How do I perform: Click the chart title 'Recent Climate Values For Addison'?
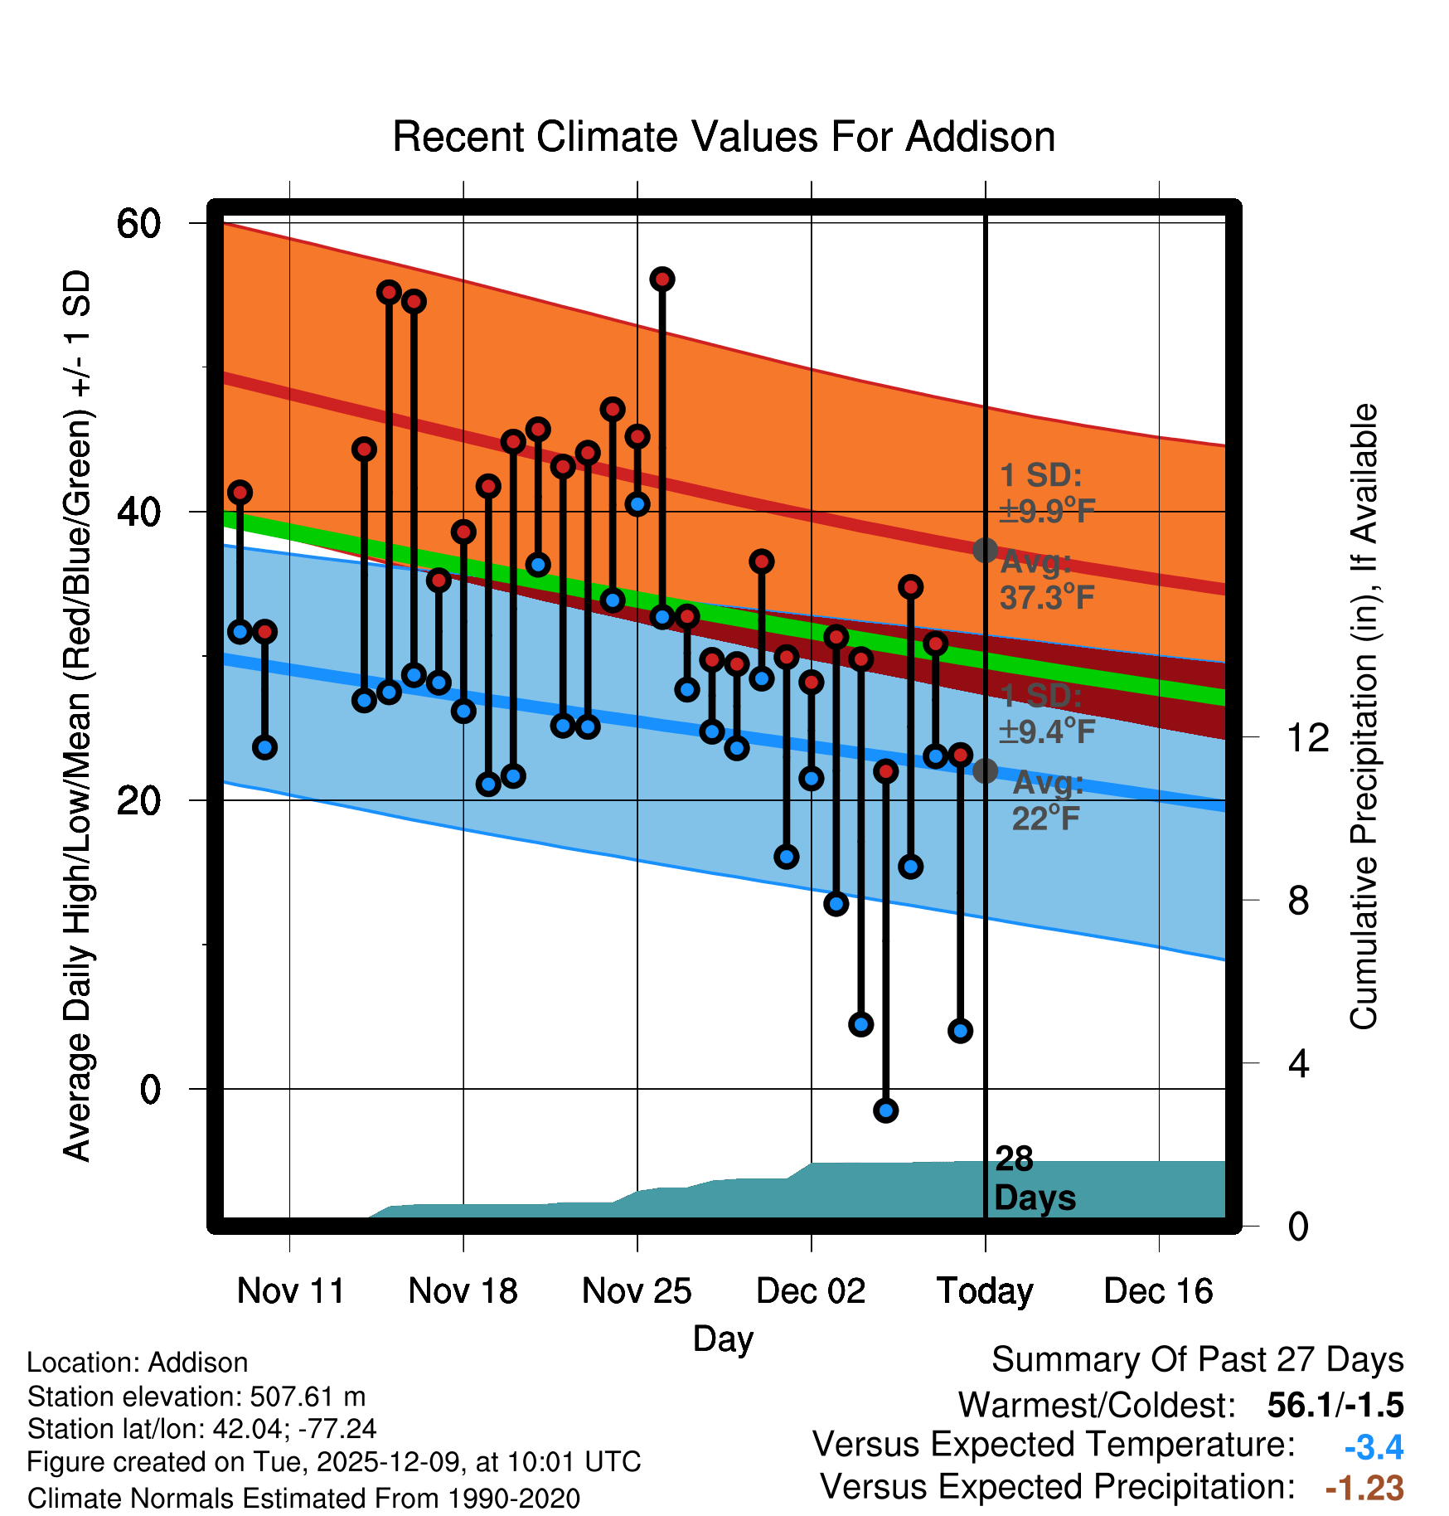(724, 138)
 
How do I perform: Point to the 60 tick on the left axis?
(138, 223)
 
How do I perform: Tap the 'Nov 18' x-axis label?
(463, 1290)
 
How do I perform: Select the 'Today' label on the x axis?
(985, 1290)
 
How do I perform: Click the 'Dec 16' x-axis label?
(1158, 1290)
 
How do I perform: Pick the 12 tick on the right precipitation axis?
(1307, 737)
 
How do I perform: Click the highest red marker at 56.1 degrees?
(661, 279)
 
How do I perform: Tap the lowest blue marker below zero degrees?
(885, 1110)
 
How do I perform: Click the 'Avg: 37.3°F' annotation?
(1047, 580)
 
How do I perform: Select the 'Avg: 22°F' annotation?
(1047, 801)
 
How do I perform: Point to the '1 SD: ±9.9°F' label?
(1047, 493)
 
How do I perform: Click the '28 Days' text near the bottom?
(1034, 1178)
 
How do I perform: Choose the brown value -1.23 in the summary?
(1364, 1488)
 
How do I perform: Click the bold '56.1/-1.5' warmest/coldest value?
(1335, 1405)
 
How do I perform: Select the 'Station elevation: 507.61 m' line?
(196, 1397)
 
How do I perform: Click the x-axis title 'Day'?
(723, 1339)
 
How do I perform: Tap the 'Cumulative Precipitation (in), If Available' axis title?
(1364, 717)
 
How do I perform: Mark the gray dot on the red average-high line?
(985, 550)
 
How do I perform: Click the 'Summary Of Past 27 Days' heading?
(1197, 1360)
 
